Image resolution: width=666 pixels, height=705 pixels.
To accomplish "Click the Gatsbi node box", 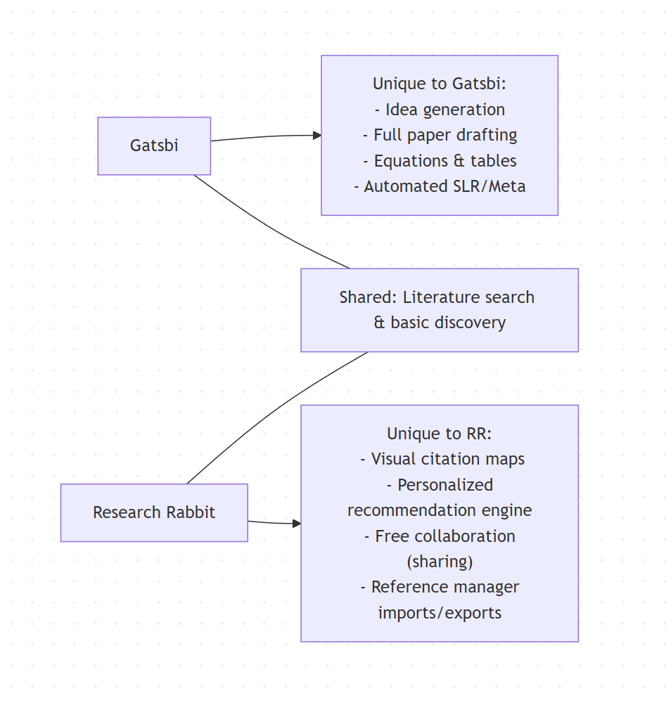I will [154, 145].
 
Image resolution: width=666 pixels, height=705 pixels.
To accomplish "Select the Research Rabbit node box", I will [154, 512].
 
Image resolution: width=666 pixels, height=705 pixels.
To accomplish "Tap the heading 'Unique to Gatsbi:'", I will [440, 84].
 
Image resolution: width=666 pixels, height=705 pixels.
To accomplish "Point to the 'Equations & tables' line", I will [440, 161].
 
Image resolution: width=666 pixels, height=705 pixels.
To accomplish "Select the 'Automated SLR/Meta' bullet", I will [440, 186].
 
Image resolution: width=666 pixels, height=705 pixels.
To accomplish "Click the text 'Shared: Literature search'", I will [437, 297].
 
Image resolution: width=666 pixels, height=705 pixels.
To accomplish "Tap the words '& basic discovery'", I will [440, 323].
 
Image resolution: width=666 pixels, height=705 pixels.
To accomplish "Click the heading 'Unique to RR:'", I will [440, 434].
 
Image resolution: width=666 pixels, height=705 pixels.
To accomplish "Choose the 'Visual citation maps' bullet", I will [442, 459].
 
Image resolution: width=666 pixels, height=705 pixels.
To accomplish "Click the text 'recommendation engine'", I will [440, 510].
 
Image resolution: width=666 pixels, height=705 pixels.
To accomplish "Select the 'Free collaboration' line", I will [440, 536].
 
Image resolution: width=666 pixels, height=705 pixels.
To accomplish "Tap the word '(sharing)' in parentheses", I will [440, 562].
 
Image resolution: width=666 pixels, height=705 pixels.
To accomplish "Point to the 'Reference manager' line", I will [440, 587].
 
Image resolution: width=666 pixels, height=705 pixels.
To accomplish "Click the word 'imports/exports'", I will [440, 613].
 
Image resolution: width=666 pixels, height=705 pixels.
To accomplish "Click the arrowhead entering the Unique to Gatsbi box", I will [317, 136].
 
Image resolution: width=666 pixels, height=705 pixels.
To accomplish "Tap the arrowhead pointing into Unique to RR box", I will [297, 524].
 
